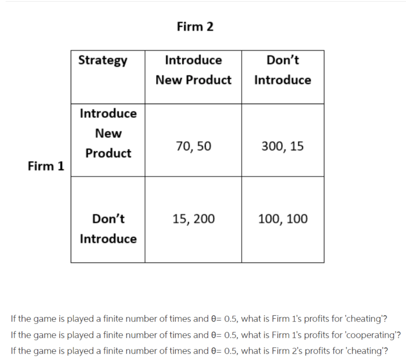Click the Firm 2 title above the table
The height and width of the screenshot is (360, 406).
tap(195, 27)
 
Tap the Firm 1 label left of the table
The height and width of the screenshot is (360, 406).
tap(46, 166)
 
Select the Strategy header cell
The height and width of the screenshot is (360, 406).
tap(103, 61)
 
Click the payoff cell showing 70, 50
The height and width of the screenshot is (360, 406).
tap(193, 147)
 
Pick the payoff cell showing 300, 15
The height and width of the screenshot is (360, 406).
tap(282, 147)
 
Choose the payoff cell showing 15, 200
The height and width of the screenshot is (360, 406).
tap(193, 219)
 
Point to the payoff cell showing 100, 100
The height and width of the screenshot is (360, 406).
tap(282, 219)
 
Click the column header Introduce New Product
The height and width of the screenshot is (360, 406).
tap(193, 70)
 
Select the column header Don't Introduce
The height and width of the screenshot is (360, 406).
tap(282, 70)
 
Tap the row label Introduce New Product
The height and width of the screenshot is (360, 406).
tap(108, 133)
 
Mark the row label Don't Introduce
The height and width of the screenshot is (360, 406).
tap(108, 229)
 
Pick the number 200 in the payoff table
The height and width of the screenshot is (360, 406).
tap(204, 219)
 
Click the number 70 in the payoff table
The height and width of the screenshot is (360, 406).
tap(183, 147)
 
